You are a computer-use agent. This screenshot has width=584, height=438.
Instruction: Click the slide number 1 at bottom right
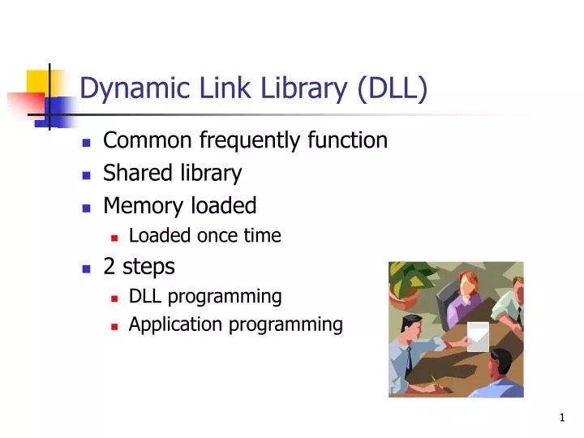click(x=562, y=418)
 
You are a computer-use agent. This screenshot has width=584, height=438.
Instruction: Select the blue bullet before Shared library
click(x=86, y=174)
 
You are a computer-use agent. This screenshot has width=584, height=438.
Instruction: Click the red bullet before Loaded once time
click(x=115, y=238)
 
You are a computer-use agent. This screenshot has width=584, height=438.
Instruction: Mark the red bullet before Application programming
click(x=115, y=326)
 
